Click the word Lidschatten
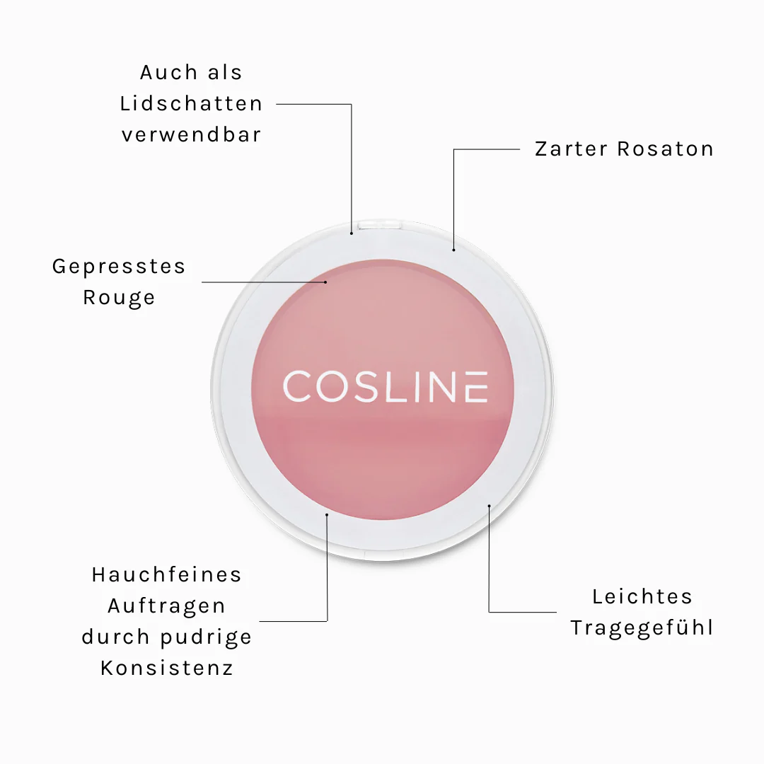pyautogui.click(x=191, y=104)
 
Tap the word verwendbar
pyautogui.click(x=192, y=135)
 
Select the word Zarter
pyautogui.click(x=571, y=149)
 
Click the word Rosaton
pyautogui.click(x=665, y=149)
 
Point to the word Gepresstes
pyautogui.click(x=119, y=267)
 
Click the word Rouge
pyautogui.click(x=119, y=298)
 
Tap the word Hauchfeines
pyautogui.click(x=167, y=575)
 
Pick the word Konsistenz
pyautogui.click(x=167, y=668)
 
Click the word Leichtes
pyautogui.click(x=642, y=597)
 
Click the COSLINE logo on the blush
pyautogui.click(x=386, y=387)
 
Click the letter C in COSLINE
pyautogui.click(x=297, y=387)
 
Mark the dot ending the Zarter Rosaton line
pyautogui.click(x=453, y=250)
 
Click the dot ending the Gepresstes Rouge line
pyautogui.click(x=325, y=282)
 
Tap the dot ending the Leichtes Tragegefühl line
pyautogui.click(x=490, y=507)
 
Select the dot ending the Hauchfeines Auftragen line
pyautogui.click(x=327, y=514)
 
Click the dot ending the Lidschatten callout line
pyautogui.click(x=352, y=233)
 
